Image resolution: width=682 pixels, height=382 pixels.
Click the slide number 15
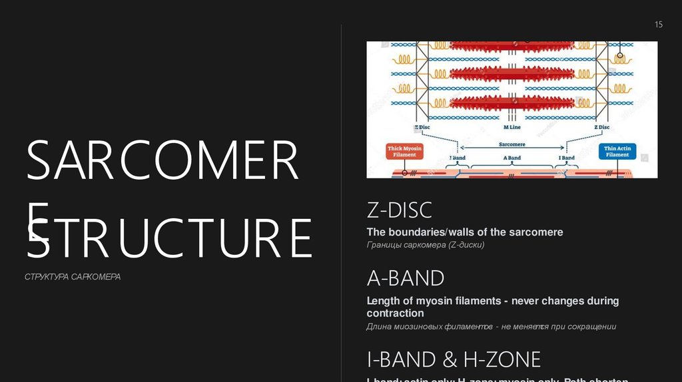pyautogui.click(x=659, y=25)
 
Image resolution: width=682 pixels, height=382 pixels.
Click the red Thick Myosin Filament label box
pyautogui.click(x=404, y=151)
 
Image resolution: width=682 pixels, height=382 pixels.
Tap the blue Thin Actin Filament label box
pyautogui.click(x=617, y=151)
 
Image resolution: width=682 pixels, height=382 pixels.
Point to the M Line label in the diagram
pyautogui.click(x=511, y=127)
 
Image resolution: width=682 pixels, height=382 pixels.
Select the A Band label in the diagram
pyautogui.click(x=511, y=158)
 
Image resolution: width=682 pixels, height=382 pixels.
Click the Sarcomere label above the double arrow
pyautogui.click(x=511, y=144)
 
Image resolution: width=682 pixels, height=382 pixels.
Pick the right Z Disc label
pyautogui.click(x=601, y=127)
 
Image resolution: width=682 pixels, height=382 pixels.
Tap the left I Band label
pyautogui.click(x=456, y=158)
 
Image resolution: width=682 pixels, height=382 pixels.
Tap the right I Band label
pyautogui.click(x=567, y=158)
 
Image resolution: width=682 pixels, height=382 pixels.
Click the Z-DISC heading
pyautogui.click(x=400, y=210)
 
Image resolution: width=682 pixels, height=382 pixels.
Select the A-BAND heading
pyautogui.click(x=406, y=278)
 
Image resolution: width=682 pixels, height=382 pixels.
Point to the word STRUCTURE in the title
pyautogui.click(x=169, y=238)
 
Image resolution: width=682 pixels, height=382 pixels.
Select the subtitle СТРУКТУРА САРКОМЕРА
pyautogui.click(x=73, y=277)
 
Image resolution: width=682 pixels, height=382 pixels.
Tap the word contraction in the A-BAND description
pyautogui.click(x=395, y=313)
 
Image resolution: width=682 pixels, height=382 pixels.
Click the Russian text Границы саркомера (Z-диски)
pyautogui.click(x=426, y=246)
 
